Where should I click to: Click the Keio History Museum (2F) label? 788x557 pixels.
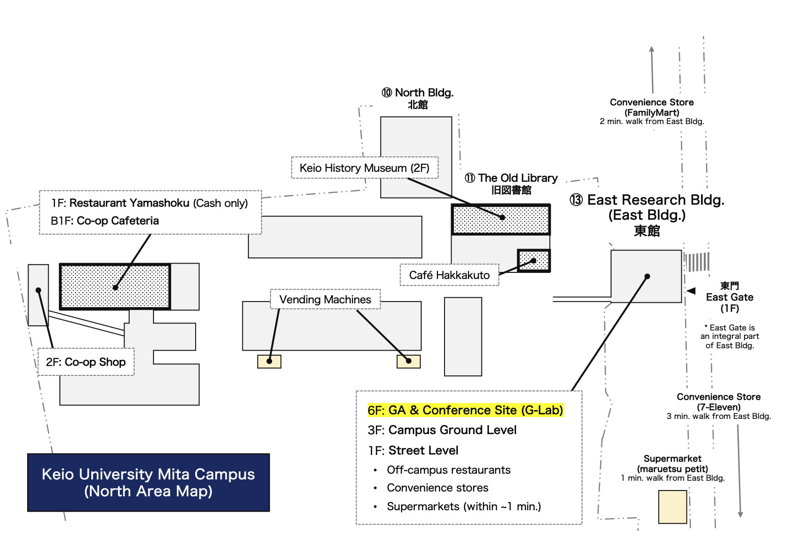pyautogui.click(x=365, y=168)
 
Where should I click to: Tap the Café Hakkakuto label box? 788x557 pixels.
pyautogui.click(x=449, y=275)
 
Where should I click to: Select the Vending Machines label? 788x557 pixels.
pyautogui.click(x=325, y=299)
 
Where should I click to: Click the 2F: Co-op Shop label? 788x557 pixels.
pyautogui.click(x=86, y=362)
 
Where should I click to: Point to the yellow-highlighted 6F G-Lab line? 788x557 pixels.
pyautogui.click(x=466, y=410)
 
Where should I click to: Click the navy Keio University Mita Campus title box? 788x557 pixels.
pyautogui.click(x=148, y=483)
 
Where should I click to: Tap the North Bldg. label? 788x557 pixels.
pyautogui.click(x=417, y=98)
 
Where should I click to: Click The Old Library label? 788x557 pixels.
pyautogui.click(x=511, y=183)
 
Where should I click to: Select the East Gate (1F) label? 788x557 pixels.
pyautogui.click(x=730, y=297)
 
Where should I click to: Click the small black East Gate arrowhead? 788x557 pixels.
pyautogui.click(x=691, y=291)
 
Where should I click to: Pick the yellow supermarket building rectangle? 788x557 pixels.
pyautogui.click(x=672, y=507)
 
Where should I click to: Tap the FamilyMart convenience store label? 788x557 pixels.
pyautogui.click(x=652, y=111)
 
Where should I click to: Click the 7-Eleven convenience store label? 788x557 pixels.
pyautogui.click(x=719, y=406)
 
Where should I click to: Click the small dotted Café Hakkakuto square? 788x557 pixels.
pyautogui.click(x=533, y=261)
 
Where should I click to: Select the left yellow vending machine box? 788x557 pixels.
pyautogui.click(x=269, y=362)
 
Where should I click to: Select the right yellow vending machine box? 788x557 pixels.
pyautogui.click(x=409, y=362)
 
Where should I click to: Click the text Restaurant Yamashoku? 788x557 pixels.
pyautogui.click(x=129, y=203)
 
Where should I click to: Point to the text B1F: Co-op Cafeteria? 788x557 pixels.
pyautogui.click(x=105, y=220)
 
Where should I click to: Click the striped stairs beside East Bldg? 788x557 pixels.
pyautogui.click(x=697, y=262)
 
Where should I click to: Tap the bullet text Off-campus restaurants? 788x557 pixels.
pyautogui.click(x=449, y=470)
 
